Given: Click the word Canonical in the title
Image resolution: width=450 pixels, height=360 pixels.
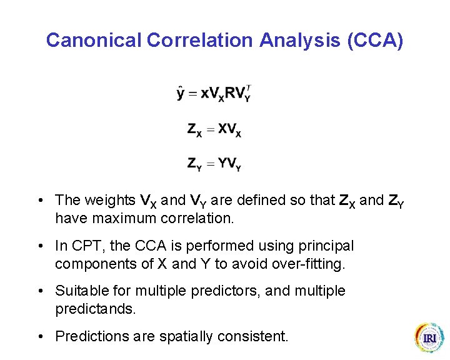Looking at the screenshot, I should click(94, 41).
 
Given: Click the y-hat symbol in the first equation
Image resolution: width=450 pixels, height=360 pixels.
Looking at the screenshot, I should click(181, 93).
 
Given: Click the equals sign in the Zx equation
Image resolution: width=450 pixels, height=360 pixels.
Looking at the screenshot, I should click(211, 129).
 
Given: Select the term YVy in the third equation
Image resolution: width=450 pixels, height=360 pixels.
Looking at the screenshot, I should click(229, 164).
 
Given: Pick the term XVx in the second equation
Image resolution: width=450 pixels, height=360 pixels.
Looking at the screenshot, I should click(229, 129).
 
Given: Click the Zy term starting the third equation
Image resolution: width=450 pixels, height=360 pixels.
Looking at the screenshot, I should click(194, 164).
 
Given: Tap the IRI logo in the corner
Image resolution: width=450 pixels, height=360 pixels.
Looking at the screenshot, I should click(429, 338).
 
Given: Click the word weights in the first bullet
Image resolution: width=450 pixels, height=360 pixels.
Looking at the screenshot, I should click(110, 201).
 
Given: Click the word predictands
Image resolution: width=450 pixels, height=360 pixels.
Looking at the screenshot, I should click(94, 309).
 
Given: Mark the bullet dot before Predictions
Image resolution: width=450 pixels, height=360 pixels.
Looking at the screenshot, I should click(41, 336).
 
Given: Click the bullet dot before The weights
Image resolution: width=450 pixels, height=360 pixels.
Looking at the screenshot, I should click(41, 201).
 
